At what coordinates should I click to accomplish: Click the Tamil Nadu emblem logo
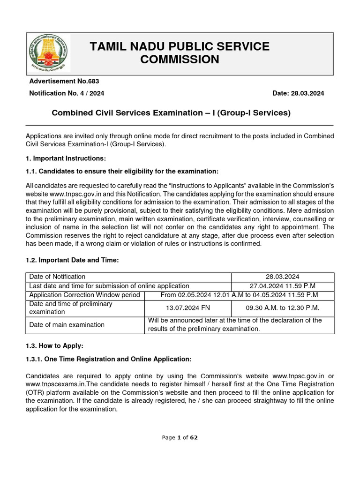tap(48, 53)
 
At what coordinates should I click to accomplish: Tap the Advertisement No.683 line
tap(64, 82)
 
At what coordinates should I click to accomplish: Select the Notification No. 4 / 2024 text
tap(67, 93)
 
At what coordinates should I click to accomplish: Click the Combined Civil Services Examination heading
tap(171, 113)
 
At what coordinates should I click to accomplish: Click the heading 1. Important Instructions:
tap(66, 158)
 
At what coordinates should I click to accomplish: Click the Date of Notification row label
tap(57, 277)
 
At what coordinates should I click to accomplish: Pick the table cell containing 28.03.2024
tap(283, 277)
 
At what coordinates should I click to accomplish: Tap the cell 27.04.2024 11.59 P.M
tap(283, 286)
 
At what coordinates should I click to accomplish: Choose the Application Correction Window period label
tap(84, 295)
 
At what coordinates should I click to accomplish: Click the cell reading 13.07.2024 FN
tap(187, 308)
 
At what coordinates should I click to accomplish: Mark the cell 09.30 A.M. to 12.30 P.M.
tap(283, 308)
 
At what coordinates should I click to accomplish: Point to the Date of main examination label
tap(67, 325)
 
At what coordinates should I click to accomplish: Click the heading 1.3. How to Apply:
tap(54, 346)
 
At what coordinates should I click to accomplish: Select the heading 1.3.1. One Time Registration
tap(109, 359)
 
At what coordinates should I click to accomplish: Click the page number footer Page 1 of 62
tap(180, 437)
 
